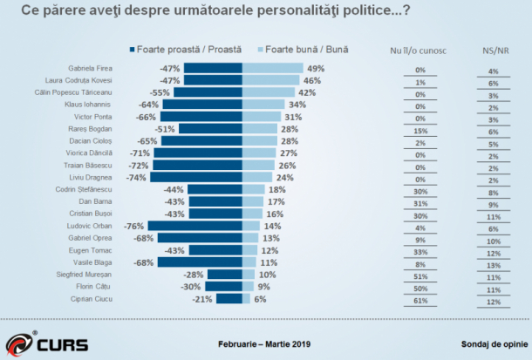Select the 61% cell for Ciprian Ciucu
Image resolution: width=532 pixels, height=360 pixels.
click(420, 302)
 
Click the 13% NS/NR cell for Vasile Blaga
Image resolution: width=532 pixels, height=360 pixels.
click(493, 264)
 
